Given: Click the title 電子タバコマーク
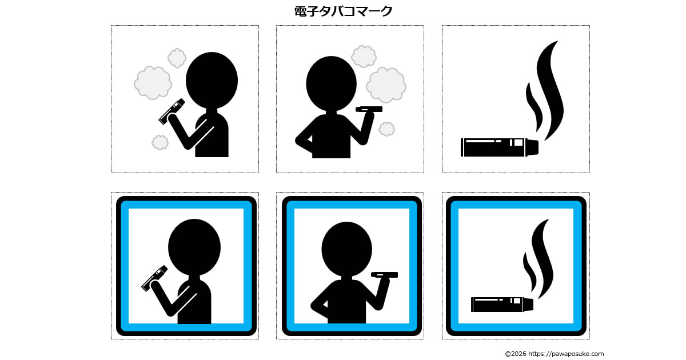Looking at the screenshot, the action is (343, 11).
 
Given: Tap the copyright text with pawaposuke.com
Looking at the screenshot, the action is (555, 354).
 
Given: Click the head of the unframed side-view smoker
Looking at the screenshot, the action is (212, 80).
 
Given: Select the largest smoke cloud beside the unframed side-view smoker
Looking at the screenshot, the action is (153, 83).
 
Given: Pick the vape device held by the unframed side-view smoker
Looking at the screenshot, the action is (172, 111).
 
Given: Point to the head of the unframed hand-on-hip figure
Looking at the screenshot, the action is (331, 83).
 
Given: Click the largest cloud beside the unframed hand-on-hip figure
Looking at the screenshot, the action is (386, 85).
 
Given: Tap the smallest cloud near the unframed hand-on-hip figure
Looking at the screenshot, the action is (386, 129).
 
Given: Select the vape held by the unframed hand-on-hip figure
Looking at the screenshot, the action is (369, 109).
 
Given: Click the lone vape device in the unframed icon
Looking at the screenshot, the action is (500, 147).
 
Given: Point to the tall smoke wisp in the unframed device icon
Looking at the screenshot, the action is (551, 91).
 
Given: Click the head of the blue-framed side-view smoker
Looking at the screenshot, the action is (194, 247).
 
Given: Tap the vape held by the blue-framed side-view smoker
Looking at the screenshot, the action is (154, 278).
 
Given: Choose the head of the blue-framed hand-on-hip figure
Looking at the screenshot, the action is (346, 249).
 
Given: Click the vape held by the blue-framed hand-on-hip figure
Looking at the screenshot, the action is (384, 275).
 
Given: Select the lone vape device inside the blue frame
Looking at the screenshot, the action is (502, 305).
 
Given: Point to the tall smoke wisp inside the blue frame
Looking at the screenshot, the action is (543, 259).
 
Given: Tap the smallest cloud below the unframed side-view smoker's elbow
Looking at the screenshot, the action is (160, 142).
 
